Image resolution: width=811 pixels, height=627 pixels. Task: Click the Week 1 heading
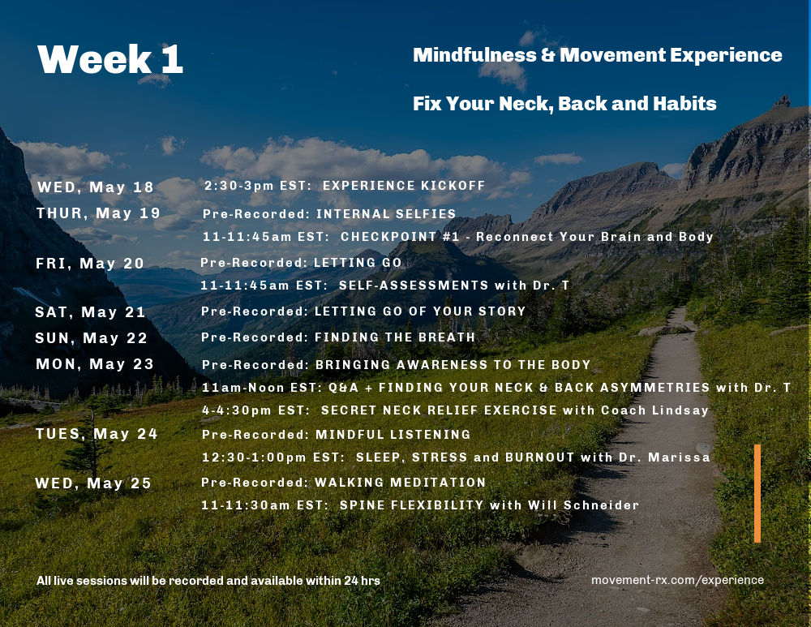[110, 59]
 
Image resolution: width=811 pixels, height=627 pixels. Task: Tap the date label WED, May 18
[96, 187]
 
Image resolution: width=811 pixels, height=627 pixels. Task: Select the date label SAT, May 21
[91, 312]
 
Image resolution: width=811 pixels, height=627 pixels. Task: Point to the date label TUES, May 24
[97, 433]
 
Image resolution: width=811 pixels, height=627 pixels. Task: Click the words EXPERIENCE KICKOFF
[404, 186]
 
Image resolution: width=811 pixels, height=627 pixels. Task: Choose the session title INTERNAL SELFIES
[386, 213]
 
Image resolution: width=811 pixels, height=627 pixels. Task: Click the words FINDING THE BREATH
[395, 337]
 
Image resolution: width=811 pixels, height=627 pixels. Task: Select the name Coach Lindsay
[654, 410]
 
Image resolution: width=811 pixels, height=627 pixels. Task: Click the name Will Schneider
[583, 505]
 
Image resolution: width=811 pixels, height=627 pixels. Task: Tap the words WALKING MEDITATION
[401, 482]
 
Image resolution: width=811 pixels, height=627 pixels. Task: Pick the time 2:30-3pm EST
[258, 186]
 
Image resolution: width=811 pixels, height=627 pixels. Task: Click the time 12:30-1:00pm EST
[272, 457]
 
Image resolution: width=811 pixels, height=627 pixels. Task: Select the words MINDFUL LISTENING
[393, 435]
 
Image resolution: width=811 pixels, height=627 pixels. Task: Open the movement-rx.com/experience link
[677, 580]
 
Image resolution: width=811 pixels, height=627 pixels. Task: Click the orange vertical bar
[757, 493]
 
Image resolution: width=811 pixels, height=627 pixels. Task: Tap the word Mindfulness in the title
[474, 55]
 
